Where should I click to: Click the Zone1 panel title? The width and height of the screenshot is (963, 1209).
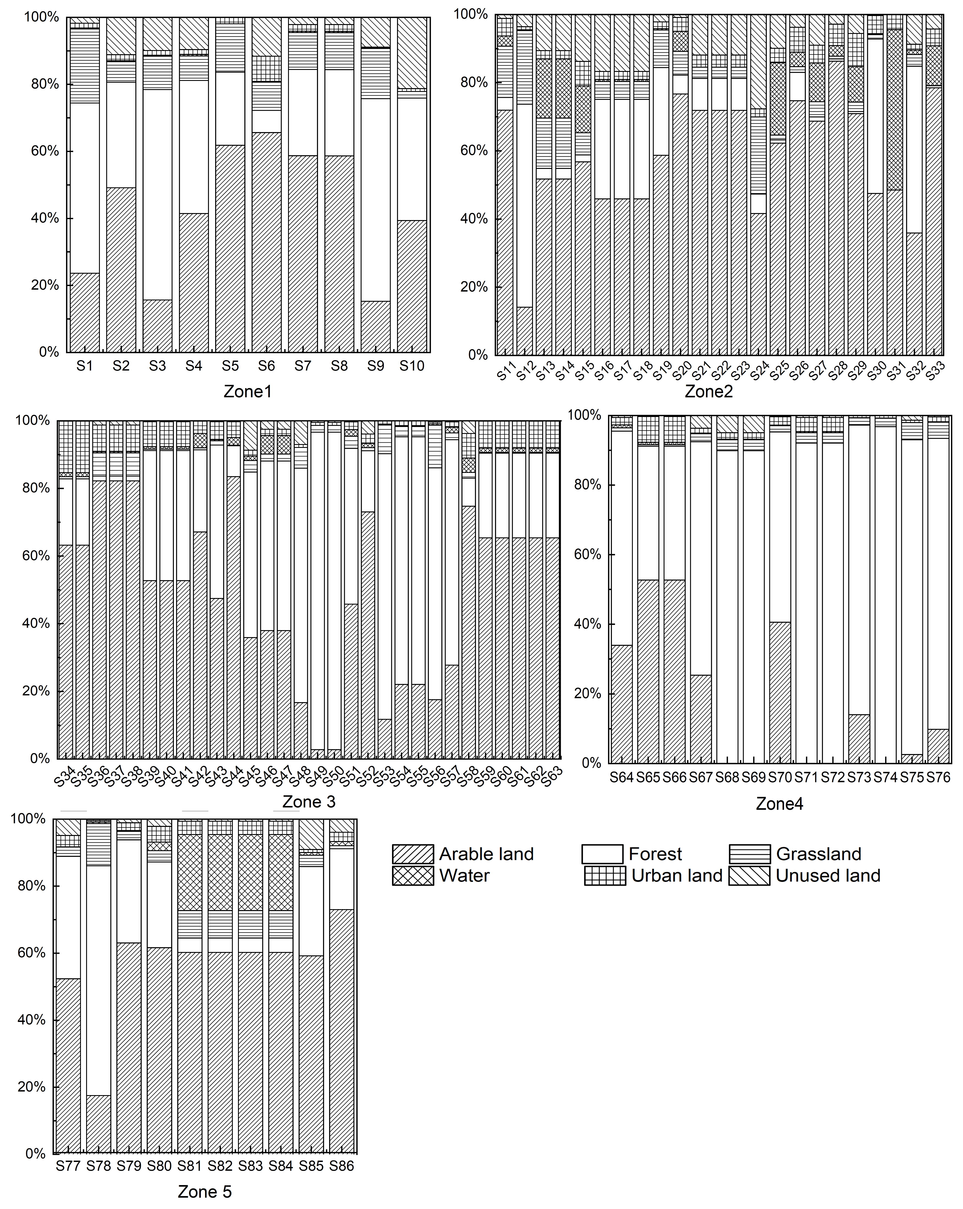[x=247, y=391]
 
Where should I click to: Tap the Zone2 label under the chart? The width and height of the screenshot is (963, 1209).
[x=708, y=391]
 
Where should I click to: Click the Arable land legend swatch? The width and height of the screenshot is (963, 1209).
[x=413, y=854]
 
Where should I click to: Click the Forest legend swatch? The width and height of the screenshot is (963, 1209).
[x=602, y=854]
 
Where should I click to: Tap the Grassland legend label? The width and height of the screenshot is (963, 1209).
[x=818, y=854]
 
